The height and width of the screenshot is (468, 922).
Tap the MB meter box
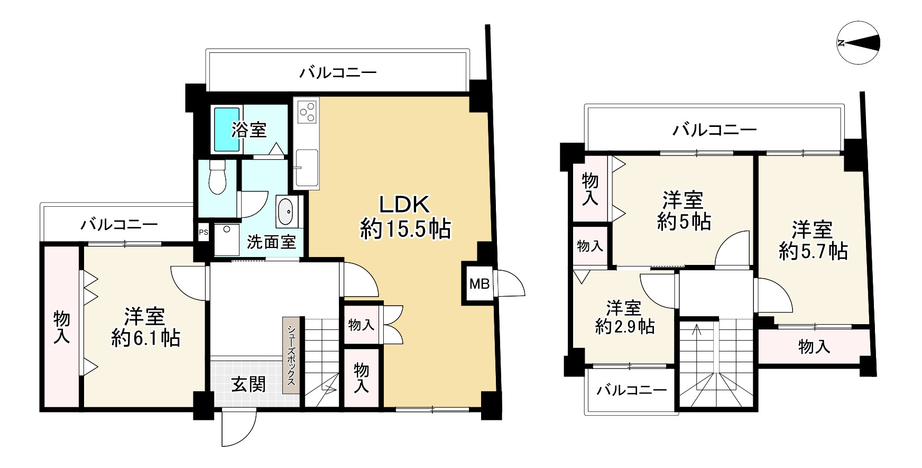click(x=479, y=284)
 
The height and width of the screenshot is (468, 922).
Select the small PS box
click(x=203, y=232)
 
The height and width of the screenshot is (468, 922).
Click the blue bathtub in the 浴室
click(x=227, y=129)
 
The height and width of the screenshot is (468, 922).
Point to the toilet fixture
click(x=217, y=177)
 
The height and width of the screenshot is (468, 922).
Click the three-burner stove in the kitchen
click(x=307, y=112)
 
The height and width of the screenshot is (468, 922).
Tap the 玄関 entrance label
click(x=248, y=385)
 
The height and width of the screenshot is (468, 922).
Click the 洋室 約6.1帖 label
click(x=145, y=327)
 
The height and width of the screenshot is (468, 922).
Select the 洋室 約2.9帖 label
click(x=624, y=317)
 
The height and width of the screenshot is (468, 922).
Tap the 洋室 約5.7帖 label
click(x=813, y=241)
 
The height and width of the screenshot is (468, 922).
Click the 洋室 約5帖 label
click(x=683, y=212)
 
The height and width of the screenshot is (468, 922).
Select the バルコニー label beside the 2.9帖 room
click(x=631, y=391)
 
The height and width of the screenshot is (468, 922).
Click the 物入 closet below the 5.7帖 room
click(x=814, y=347)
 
